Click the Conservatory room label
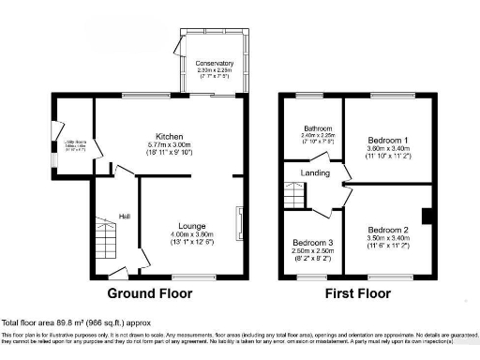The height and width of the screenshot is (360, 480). click(215, 63)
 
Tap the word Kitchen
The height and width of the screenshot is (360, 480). click(170, 136)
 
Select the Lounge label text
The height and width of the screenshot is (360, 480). click(192, 226)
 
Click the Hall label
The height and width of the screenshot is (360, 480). click(124, 217)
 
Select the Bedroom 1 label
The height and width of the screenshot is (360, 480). click(387, 139)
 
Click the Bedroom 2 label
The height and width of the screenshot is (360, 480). click(387, 230)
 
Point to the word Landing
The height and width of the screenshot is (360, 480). click(313, 172)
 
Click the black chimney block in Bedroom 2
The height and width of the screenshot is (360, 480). click(427, 217)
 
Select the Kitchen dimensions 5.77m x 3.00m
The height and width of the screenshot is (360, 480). click(170, 144)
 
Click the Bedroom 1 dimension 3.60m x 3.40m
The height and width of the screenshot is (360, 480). click(387, 147)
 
